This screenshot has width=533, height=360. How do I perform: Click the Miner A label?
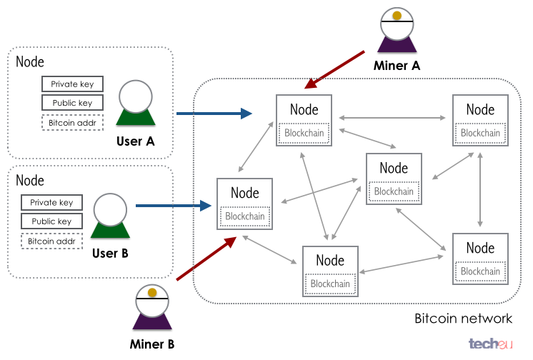(397, 65)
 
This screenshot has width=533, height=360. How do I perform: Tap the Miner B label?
(152, 344)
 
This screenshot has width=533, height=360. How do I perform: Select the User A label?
(135, 141)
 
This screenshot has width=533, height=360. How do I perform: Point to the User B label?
(109, 253)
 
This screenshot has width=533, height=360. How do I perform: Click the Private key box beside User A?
(72, 84)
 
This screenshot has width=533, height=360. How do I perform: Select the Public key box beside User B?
(51, 221)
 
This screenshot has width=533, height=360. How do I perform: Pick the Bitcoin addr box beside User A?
(72, 123)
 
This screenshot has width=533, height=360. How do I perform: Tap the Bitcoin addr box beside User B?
(51, 241)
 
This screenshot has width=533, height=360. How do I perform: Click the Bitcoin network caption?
(463, 319)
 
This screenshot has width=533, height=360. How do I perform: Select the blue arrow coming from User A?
(214, 113)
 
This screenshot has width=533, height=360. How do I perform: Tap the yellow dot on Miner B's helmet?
(151, 292)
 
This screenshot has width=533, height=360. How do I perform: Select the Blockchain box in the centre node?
(394, 191)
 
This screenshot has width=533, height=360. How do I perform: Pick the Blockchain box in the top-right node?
(480, 133)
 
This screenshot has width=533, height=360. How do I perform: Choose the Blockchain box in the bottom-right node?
(480, 271)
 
